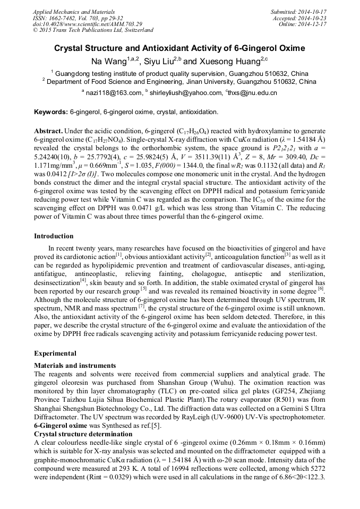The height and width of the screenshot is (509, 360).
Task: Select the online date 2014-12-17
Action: pos(313,24)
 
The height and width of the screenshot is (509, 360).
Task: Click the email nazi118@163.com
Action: pos(114,93)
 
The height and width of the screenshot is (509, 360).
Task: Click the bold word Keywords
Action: pos(50,113)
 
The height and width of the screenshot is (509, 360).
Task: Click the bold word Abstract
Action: pos(49,131)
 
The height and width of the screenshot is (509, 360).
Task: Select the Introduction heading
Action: pos(54,236)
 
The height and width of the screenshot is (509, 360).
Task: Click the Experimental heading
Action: pos(55,353)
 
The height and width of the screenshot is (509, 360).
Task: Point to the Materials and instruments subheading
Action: pos(75,366)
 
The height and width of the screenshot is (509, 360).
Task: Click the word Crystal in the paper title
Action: pos(73,48)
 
